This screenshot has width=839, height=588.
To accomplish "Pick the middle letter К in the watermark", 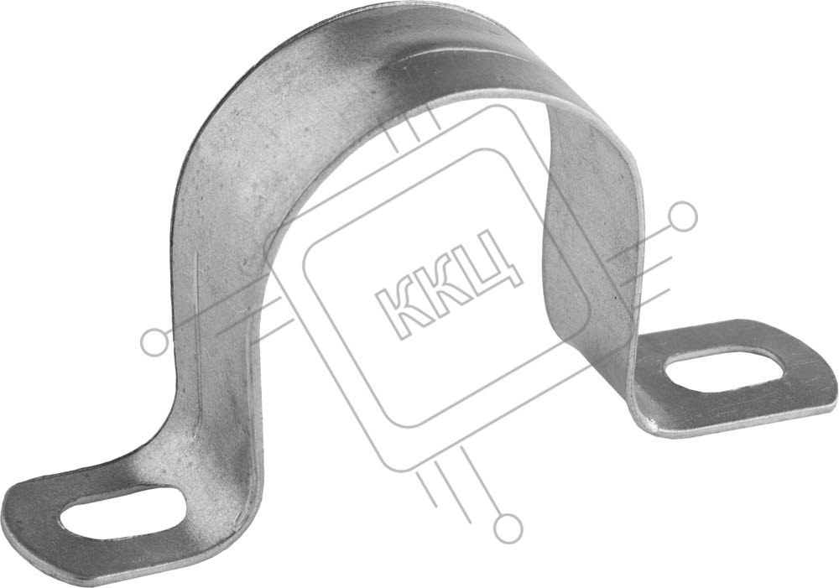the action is [444, 283].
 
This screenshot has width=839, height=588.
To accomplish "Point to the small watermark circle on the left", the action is [155, 342].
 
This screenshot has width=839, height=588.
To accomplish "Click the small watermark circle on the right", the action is [683, 216].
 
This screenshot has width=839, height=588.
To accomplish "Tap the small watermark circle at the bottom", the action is [508, 527].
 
